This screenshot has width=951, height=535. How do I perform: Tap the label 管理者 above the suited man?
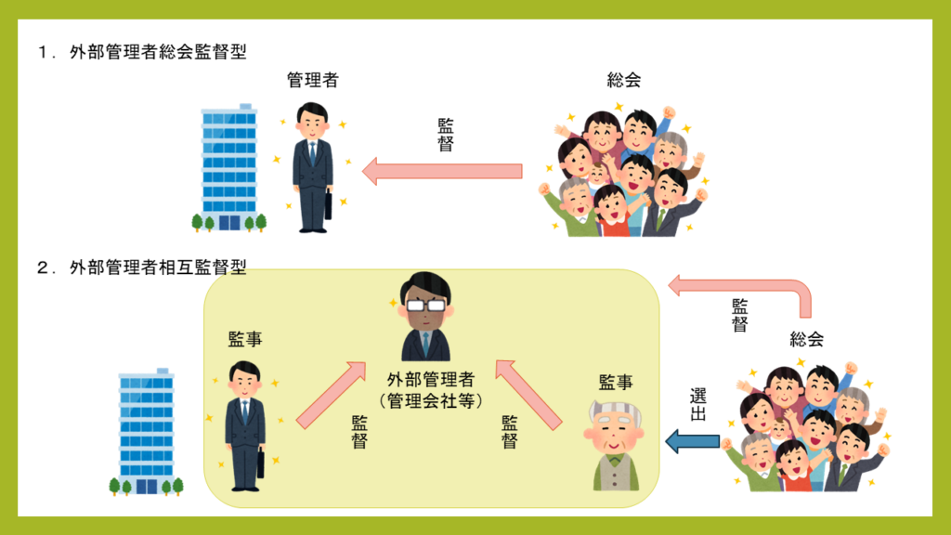313,81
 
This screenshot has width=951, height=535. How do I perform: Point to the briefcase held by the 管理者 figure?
328,203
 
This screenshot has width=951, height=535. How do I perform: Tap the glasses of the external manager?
426,305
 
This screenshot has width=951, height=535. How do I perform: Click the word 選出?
698,404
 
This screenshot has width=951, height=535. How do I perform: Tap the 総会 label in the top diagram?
624,81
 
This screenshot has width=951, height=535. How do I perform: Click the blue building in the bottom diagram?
147,432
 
